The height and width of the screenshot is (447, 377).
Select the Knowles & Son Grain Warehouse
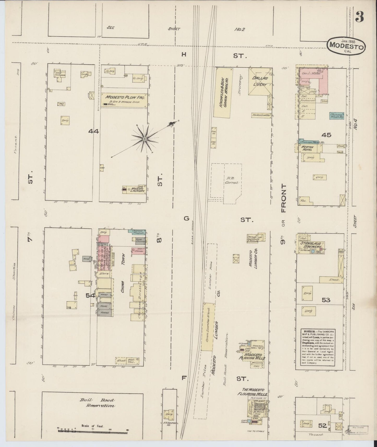point(223,92)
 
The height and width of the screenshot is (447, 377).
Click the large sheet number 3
point(359,18)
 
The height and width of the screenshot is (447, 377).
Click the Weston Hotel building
point(307,148)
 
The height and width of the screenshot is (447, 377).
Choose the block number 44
point(93,132)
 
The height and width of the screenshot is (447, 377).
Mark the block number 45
point(326,135)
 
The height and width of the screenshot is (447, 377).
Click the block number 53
point(326,300)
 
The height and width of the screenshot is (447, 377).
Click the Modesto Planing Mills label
point(254,356)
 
